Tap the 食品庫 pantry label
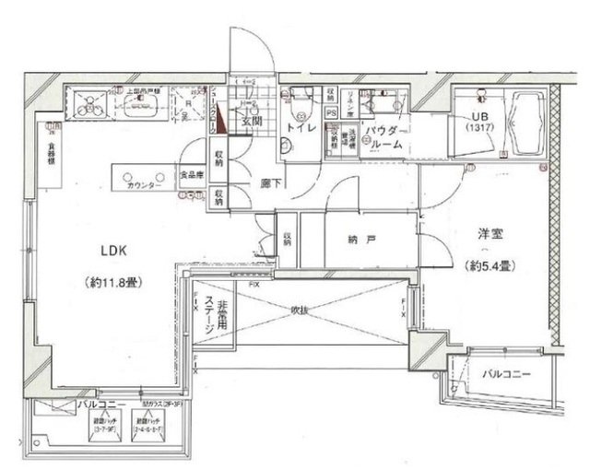pos(192,172)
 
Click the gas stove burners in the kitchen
pos(90,103)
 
